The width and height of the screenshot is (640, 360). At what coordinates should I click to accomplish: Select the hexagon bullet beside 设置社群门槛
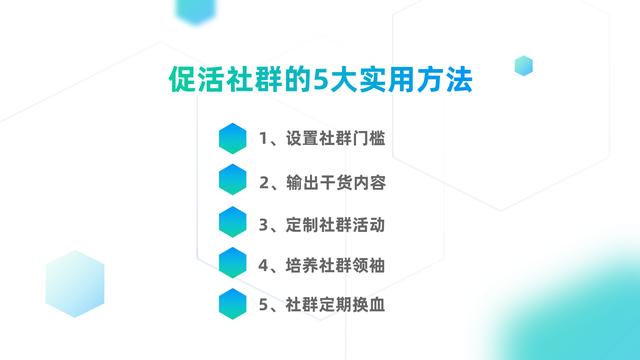pyautogui.click(x=233, y=139)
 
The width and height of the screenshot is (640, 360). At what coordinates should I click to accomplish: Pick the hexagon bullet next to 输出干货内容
pyautogui.click(x=233, y=180)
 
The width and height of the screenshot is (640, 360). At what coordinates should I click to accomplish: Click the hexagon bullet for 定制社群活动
pyautogui.click(x=233, y=221)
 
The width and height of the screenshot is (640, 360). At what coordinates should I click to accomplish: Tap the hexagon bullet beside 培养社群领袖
pyautogui.click(x=233, y=262)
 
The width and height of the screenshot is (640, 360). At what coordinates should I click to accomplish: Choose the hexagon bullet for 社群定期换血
pyautogui.click(x=233, y=303)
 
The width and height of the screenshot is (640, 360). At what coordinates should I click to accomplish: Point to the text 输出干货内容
pyautogui.click(x=336, y=181)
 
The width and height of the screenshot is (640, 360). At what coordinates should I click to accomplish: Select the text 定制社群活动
pyautogui.click(x=336, y=222)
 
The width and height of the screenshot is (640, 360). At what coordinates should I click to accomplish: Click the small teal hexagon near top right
pyautogui.click(x=523, y=66)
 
